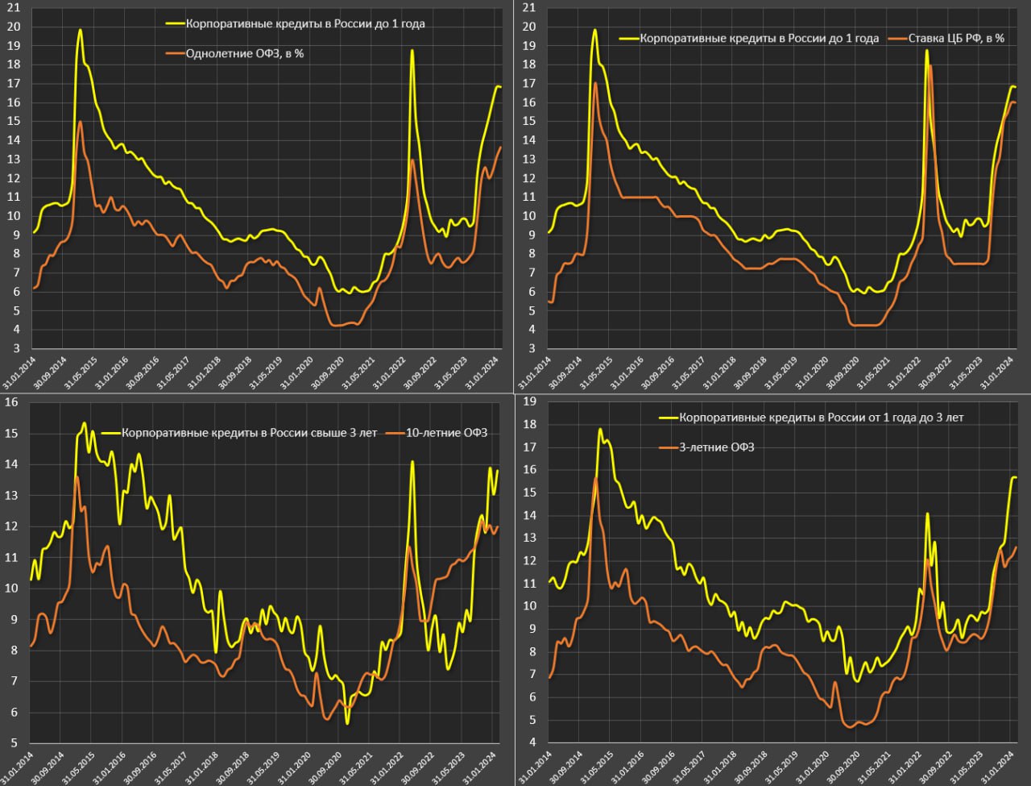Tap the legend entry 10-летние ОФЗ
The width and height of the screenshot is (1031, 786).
pyautogui.click(x=447, y=433)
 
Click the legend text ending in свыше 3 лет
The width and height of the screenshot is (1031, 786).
pyautogui.click(x=250, y=433)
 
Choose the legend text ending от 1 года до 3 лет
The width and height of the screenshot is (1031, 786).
pyautogui.click(x=822, y=418)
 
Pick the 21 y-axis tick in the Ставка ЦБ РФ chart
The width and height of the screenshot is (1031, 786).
pyautogui.click(x=529, y=8)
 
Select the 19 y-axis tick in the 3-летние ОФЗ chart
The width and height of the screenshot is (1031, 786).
pyautogui.click(x=529, y=401)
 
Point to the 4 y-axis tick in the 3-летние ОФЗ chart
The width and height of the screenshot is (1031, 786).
pyautogui.click(x=532, y=742)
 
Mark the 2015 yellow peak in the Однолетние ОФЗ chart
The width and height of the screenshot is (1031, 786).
pyautogui.click(x=80, y=30)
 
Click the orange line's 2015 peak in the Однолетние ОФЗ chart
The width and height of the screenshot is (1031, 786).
pyautogui.click(x=81, y=122)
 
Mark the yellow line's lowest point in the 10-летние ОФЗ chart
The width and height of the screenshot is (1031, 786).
pyautogui.click(x=347, y=723)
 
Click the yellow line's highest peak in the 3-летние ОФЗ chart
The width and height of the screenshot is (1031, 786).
pyautogui.click(x=600, y=429)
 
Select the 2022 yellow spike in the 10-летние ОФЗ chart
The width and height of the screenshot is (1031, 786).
pyautogui.click(x=412, y=462)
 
